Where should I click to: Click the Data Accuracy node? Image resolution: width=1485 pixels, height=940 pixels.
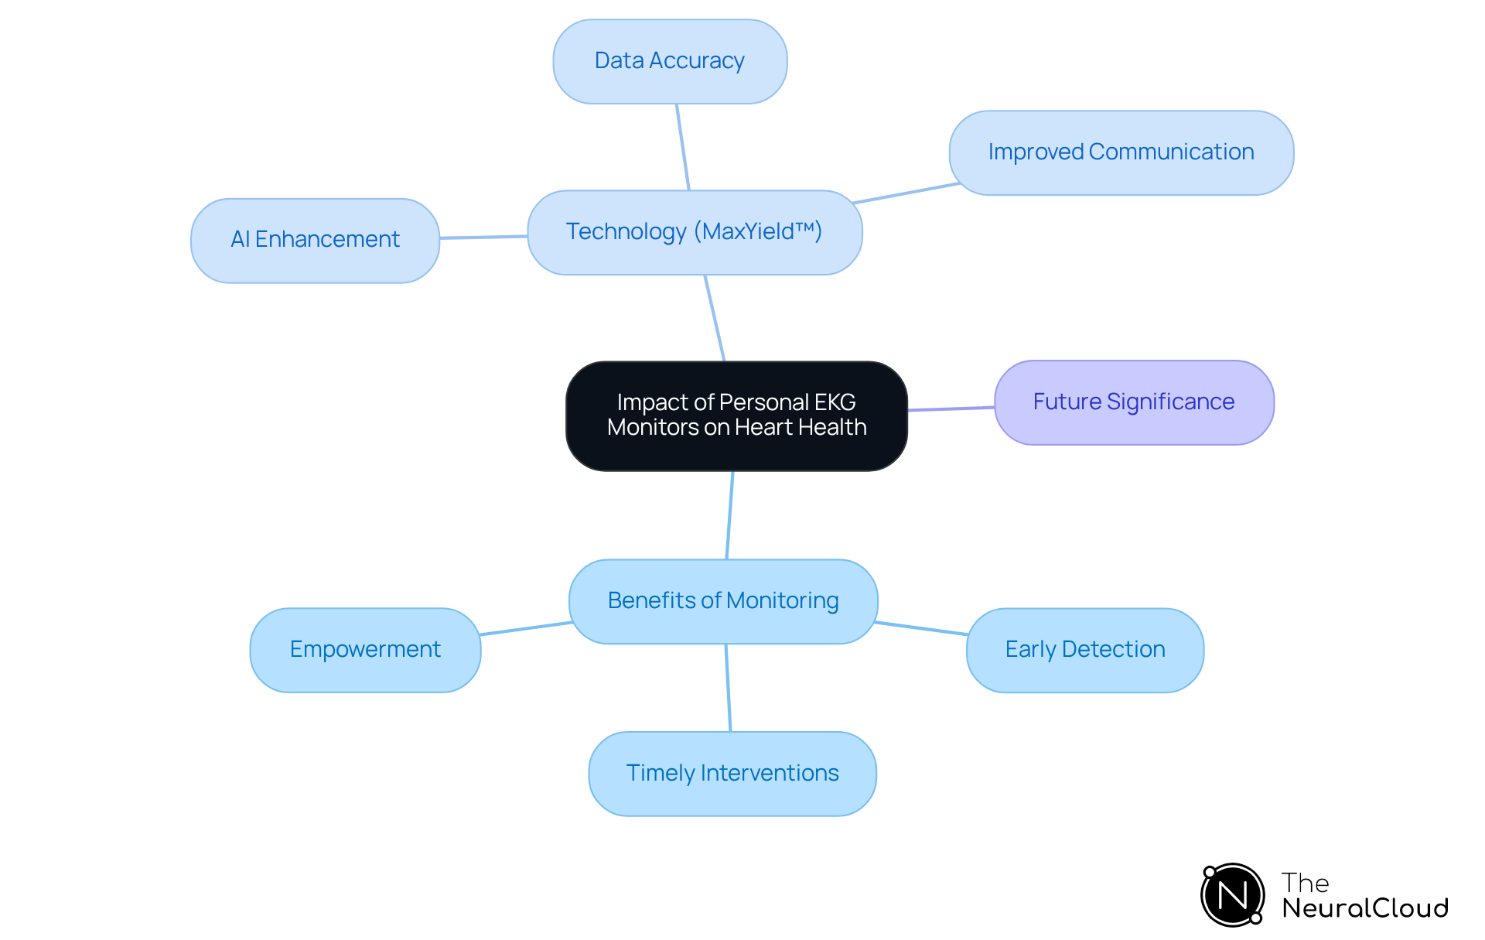click(670, 61)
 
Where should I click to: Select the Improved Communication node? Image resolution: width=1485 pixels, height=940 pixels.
click(1121, 152)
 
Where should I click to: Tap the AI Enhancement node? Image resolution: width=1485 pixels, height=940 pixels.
click(315, 240)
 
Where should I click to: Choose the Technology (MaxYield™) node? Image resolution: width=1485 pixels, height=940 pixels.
click(694, 232)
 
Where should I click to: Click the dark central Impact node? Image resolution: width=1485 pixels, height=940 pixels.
click(736, 415)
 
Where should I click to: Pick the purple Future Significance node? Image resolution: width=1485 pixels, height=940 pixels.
click(1133, 402)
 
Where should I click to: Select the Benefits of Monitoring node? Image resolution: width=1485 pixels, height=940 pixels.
click(722, 601)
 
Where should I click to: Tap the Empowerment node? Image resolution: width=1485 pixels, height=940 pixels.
click(365, 650)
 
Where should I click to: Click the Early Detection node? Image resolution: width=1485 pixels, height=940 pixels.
click(1084, 650)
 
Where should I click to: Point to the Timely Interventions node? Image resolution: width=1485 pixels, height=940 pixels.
click(732, 774)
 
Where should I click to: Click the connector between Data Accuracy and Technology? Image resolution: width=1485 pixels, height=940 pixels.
click(683, 147)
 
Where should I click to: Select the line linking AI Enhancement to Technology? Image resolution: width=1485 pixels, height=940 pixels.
click(483, 237)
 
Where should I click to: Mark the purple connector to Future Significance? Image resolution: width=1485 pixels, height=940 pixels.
click(951, 408)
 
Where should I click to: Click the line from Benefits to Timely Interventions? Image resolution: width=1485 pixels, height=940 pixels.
click(728, 688)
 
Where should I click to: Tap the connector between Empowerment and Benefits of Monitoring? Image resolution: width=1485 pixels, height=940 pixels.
click(525, 628)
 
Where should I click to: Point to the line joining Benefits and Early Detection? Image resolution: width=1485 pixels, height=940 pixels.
click(921, 628)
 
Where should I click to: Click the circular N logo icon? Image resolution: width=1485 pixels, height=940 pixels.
click(1233, 895)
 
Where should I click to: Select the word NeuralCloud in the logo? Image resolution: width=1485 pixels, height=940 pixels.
click(1364, 908)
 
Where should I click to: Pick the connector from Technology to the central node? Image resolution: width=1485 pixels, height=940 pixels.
click(715, 318)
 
